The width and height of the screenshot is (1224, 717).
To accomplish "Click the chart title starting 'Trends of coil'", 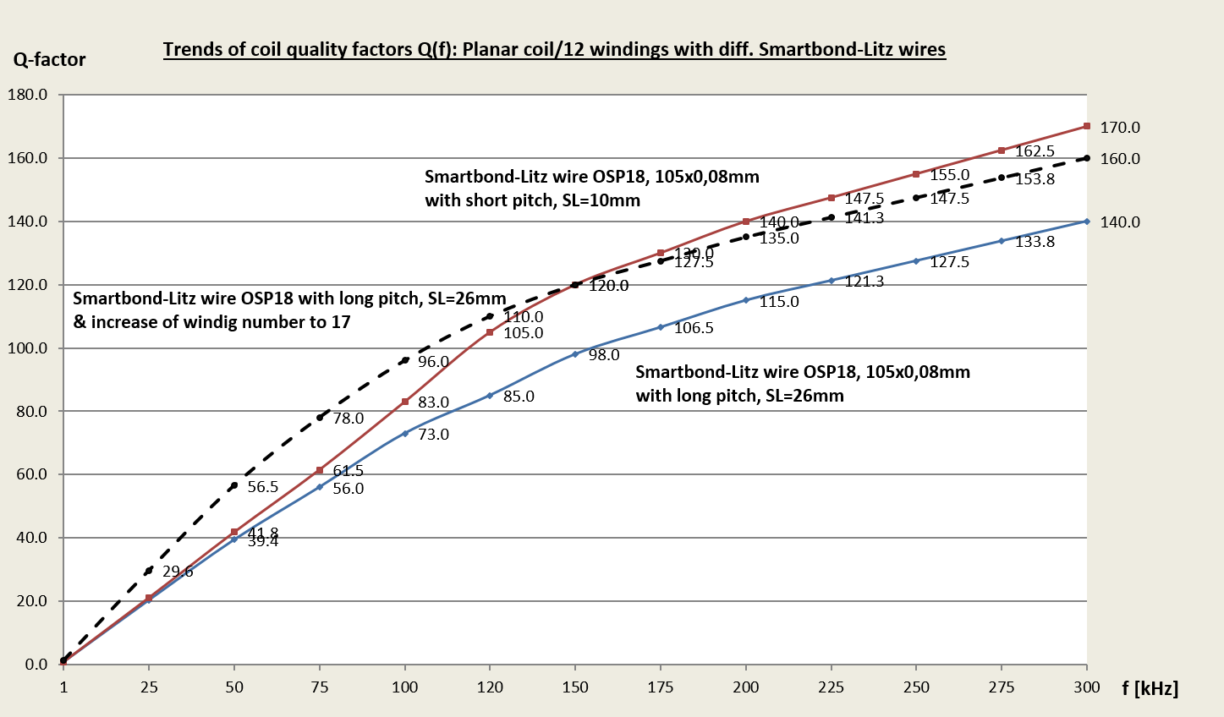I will click(x=554, y=49).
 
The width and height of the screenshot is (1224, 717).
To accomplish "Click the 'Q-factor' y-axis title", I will click(x=49, y=59).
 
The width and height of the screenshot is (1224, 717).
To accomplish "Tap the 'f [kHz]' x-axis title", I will click(x=1150, y=688).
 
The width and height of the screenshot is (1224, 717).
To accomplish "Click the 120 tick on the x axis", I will click(x=490, y=687).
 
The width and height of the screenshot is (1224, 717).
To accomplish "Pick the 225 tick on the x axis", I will click(x=831, y=687).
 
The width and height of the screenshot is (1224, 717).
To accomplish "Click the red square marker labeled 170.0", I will click(x=1087, y=127).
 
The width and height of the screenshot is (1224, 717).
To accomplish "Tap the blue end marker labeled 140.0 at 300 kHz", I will click(x=1087, y=222).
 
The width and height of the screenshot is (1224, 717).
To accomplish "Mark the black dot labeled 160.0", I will click(x=1087, y=158).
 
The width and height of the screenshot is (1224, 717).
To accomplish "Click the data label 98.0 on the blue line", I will click(x=604, y=355).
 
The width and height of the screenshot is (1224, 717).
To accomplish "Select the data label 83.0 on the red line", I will click(x=433, y=402).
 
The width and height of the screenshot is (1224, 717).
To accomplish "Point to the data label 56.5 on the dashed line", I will click(x=263, y=487).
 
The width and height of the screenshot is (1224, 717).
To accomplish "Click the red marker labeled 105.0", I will click(x=490, y=332).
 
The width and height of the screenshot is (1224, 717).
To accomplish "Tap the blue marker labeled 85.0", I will click(x=490, y=395).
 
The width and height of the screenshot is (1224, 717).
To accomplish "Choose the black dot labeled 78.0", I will click(x=320, y=418).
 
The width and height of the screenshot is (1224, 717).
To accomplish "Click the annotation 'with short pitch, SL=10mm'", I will click(x=532, y=201).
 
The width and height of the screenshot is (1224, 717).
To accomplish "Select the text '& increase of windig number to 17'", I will click(x=211, y=322).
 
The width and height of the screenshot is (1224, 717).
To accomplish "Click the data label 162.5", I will click(x=1035, y=152).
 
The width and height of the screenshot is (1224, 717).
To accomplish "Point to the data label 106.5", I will click(x=694, y=328).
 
